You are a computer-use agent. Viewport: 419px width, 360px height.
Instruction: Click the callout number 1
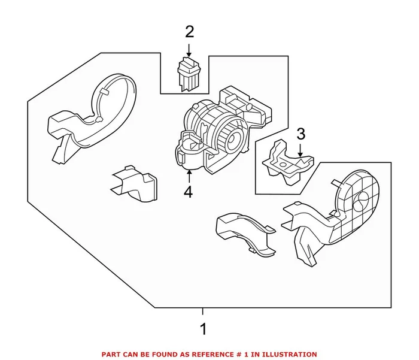[x=203, y=329]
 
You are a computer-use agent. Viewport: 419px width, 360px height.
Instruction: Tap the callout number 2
[x=189, y=31]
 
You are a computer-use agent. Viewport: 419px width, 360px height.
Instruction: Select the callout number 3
[x=301, y=133]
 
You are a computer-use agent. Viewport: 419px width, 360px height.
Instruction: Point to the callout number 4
[x=189, y=192]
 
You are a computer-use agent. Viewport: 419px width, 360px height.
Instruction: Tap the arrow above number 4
[x=189, y=176]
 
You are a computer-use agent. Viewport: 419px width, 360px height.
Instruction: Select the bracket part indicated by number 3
[x=286, y=159]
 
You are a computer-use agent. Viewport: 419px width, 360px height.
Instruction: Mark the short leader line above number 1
[x=203, y=311]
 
